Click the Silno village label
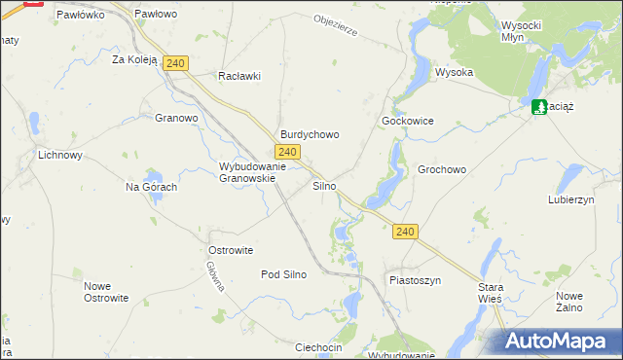point(325,185)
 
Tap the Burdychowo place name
point(310,135)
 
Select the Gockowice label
point(407,121)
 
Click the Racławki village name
point(240,76)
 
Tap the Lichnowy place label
point(60,155)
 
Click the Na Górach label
point(151,187)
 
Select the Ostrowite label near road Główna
point(231,250)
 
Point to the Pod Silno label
point(283,274)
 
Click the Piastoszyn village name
point(416,280)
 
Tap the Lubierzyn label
point(570,199)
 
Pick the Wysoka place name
point(454,72)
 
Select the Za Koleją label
point(134,59)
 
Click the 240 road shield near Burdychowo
point(286,153)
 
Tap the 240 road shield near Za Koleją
point(175,63)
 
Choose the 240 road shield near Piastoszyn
point(407,232)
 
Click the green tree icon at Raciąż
point(538,106)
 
